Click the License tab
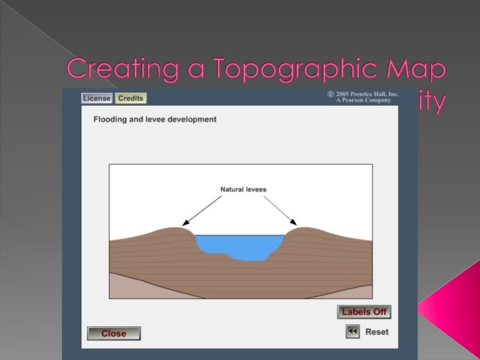point(97,98)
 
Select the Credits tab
point(131,98)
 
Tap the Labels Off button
point(364,312)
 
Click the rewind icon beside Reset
point(352,331)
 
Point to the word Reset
point(377,332)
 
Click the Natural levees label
point(243,189)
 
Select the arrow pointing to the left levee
point(201,210)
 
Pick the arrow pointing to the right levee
point(280,210)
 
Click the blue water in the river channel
point(237,246)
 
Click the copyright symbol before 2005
point(331,94)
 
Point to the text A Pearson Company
point(363,100)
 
